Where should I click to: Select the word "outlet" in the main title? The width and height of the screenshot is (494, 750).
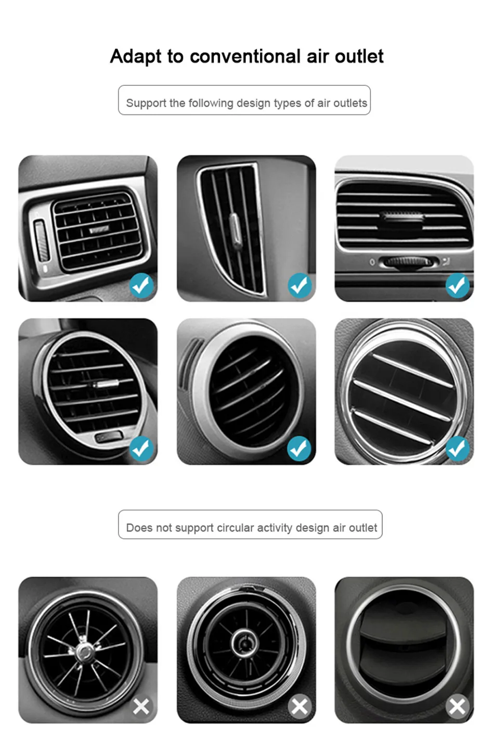[x=359, y=56]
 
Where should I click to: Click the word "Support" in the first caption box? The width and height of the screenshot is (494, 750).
[x=146, y=104]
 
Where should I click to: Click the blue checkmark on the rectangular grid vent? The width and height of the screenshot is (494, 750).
[x=142, y=285]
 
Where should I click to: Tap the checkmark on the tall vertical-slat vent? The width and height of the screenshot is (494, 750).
[x=300, y=285]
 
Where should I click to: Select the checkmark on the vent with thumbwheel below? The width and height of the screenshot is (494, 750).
[x=458, y=286]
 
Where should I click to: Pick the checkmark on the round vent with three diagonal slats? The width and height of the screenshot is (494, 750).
[x=458, y=449]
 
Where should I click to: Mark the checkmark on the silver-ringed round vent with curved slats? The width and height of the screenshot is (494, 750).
[x=299, y=449]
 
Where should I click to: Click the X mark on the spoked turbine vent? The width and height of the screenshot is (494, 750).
[x=141, y=706]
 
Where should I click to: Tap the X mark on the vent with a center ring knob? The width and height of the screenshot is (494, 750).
[x=300, y=706]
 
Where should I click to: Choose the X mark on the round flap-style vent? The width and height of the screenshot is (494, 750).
[x=458, y=706]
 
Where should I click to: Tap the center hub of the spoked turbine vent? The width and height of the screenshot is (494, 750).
[x=83, y=651]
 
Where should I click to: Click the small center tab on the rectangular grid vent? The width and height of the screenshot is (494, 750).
[x=99, y=230]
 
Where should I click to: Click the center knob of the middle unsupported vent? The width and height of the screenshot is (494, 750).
[x=245, y=643]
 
